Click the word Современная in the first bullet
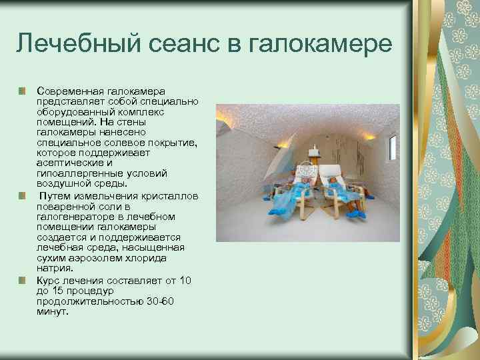click(69, 91)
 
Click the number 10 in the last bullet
click(185, 281)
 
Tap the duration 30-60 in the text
click(160, 301)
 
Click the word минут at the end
click(53, 311)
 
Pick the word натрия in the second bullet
click(54, 268)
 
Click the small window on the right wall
click(392, 148)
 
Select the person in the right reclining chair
click(340, 193)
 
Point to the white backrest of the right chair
click(331, 173)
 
